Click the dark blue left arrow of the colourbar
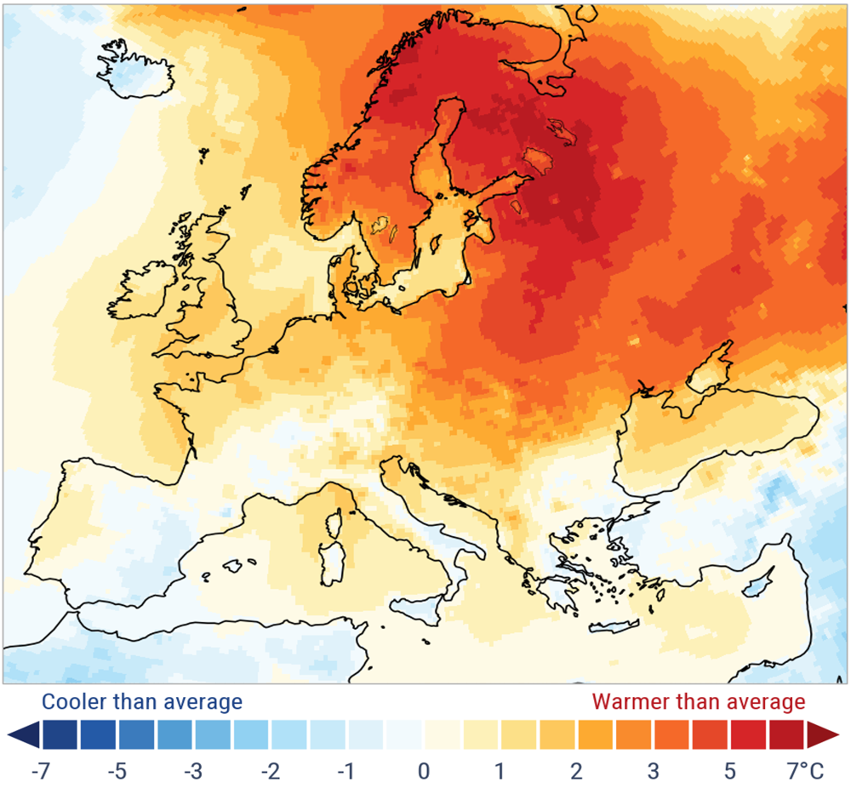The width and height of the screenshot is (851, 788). pos(23,734)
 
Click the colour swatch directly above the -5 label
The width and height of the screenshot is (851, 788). pos(117,734)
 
